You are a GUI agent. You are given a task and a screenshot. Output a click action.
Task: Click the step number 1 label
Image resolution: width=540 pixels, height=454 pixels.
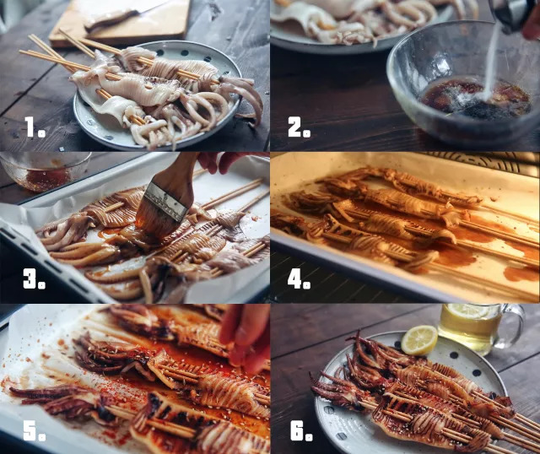(35, 127)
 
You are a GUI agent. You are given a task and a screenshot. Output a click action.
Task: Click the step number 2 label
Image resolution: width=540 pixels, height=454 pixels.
(299, 127)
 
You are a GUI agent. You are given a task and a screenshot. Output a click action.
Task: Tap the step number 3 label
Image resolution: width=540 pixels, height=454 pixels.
(34, 278)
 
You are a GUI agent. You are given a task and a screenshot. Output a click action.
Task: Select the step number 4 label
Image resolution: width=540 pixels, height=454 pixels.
(299, 278)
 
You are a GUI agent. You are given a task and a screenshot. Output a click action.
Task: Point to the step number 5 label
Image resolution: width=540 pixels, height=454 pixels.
(35, 430)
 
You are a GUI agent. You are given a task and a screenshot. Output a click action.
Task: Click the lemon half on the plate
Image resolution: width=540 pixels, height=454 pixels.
(419, 340)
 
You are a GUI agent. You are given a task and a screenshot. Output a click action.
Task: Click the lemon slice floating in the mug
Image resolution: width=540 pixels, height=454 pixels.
(468, 311)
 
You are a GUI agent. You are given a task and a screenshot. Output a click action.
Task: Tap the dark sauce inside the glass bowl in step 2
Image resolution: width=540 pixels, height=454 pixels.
(475, 98)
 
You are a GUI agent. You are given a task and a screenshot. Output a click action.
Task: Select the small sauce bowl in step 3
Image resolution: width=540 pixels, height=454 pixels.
(45, 171)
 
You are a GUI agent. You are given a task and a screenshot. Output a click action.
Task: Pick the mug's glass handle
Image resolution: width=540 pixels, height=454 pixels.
(511, 326)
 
